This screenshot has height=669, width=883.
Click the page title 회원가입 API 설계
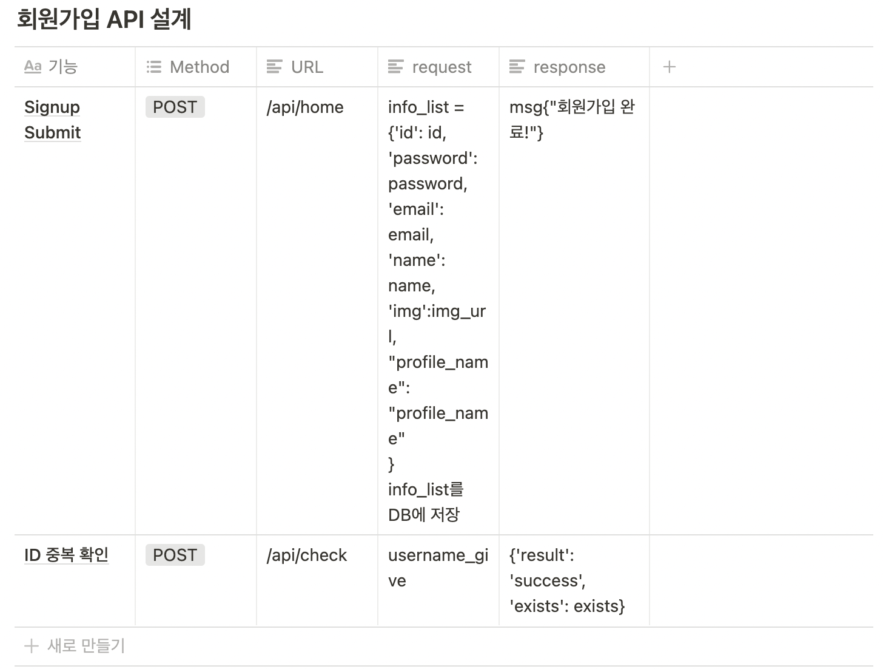(104, 19)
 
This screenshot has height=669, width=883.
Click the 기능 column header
(62, 67)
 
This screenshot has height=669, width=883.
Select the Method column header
(199, 67)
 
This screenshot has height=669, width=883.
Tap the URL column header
(307, 67)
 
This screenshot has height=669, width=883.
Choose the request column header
(441, 67)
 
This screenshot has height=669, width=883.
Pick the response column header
(569, 67)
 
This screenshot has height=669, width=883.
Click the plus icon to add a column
(669, 67)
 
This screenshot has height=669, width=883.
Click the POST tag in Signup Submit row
(175, 107)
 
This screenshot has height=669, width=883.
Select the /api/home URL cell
(305, 107)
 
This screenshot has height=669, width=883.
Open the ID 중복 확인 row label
(66, 555)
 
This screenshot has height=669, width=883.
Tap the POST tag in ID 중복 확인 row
(175, 555)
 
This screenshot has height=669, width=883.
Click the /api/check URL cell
(307, 555)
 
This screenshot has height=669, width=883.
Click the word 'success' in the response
(547, 581)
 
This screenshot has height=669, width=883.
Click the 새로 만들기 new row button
(85, 646)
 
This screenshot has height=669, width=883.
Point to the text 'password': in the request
(432, 158)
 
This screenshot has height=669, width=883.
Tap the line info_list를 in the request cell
(426, 490)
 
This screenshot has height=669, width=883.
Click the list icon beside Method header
(154, 67)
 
